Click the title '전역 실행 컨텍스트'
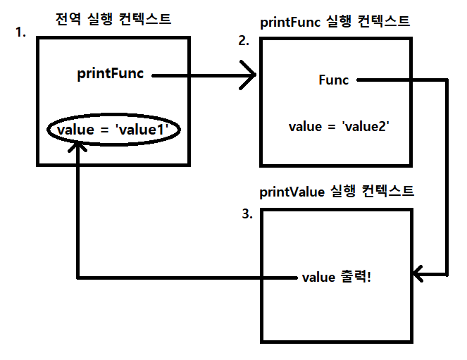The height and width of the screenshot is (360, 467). coord(113,19)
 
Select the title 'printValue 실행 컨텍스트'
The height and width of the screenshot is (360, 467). coord(337,191)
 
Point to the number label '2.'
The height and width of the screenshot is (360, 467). coord(244,40)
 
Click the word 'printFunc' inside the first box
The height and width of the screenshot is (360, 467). coord(111,74)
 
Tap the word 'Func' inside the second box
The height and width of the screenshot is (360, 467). coord(333,80)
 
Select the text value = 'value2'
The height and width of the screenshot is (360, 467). coord(339,127)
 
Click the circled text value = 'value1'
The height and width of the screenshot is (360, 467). coord(113,130)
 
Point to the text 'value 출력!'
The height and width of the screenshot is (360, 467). coord(336,277)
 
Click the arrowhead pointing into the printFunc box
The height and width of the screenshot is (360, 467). coord(248,75)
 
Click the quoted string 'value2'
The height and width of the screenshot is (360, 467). coord(366,127)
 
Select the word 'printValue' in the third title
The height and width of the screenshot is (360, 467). coord(291,191)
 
